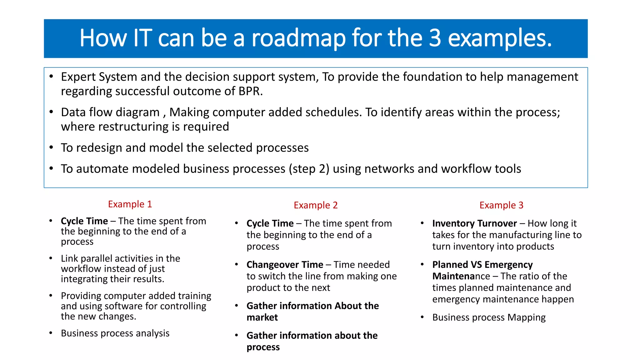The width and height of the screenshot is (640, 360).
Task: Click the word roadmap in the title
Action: coord(298,38)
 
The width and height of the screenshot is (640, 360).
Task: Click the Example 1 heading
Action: coord(130,204)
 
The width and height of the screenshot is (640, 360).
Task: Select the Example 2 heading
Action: coord(316,205)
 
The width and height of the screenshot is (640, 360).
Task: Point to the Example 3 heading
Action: coord(501,205)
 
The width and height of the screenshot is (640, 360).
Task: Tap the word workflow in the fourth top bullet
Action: coord(466,169)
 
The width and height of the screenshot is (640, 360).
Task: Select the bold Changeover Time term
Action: coord(285,265)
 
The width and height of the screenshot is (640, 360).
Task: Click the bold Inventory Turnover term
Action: coord(474,223)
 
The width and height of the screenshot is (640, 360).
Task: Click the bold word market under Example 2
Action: coord(262,317)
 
